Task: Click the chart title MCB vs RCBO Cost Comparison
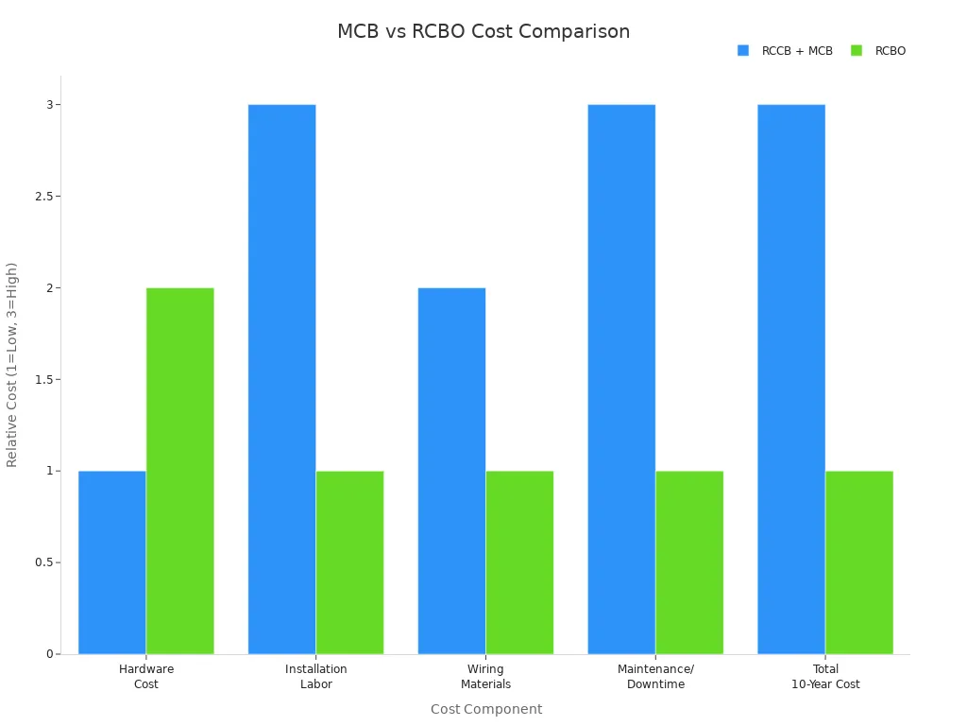(483, 31)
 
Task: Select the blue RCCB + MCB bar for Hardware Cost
(112, 562)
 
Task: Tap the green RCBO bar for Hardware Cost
(180, 471)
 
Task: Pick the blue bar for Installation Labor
(282, 379)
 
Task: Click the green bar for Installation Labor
(350, 562)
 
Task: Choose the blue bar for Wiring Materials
(451, 471)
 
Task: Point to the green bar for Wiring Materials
(519, 562)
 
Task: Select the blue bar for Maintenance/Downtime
(621, 379)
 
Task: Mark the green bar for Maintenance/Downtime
(689, 562)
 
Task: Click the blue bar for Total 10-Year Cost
(791, 379)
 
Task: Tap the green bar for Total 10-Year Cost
(859, 562)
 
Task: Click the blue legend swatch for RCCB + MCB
(743, 51)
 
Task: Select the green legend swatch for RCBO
(857, 51)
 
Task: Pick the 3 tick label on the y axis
(49, 105)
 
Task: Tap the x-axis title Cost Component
(486, 709)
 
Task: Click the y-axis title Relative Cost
(12, 365)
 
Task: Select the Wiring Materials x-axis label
(485, 677)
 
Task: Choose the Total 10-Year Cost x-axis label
(825, 677)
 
